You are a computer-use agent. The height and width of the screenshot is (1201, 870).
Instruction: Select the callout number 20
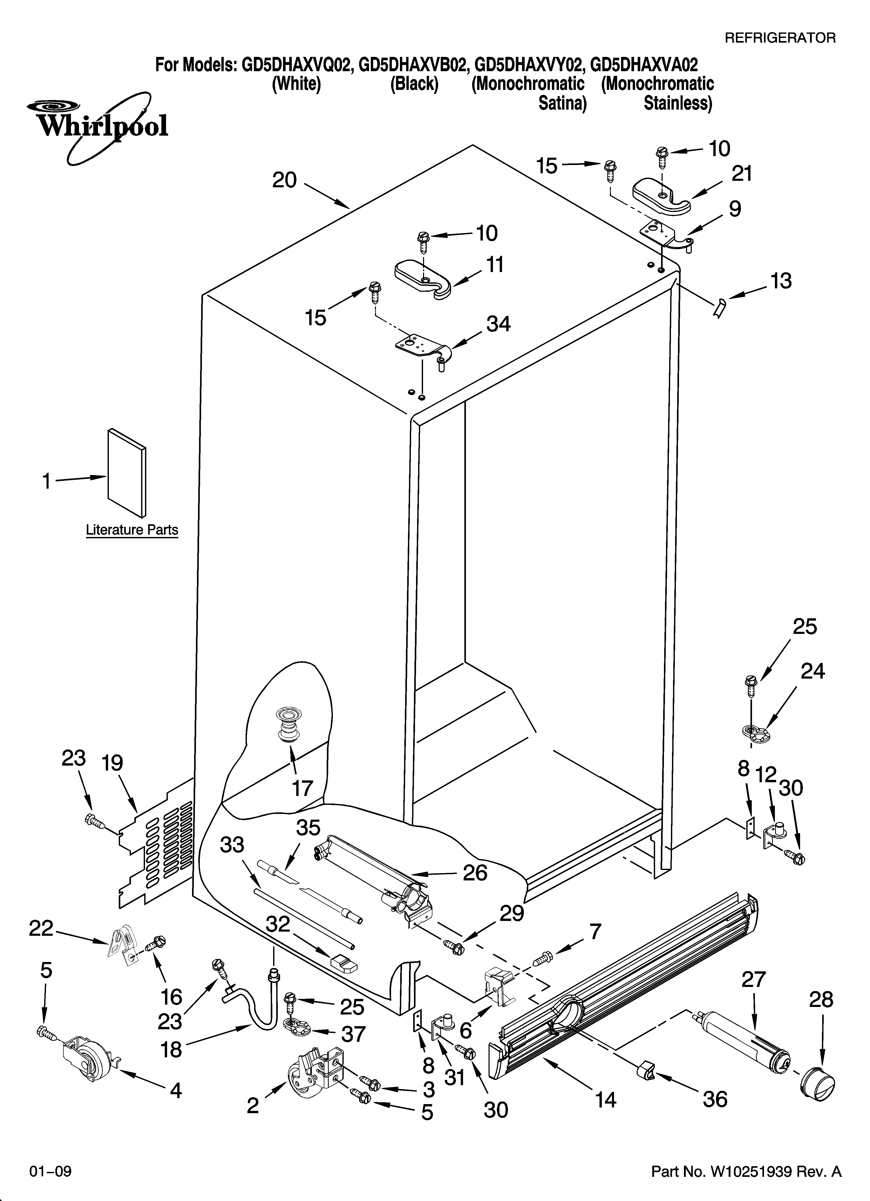point(285,181)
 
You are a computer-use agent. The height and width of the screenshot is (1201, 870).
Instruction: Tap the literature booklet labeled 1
point(127,472)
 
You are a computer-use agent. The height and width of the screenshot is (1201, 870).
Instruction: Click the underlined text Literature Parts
point(132,530)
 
